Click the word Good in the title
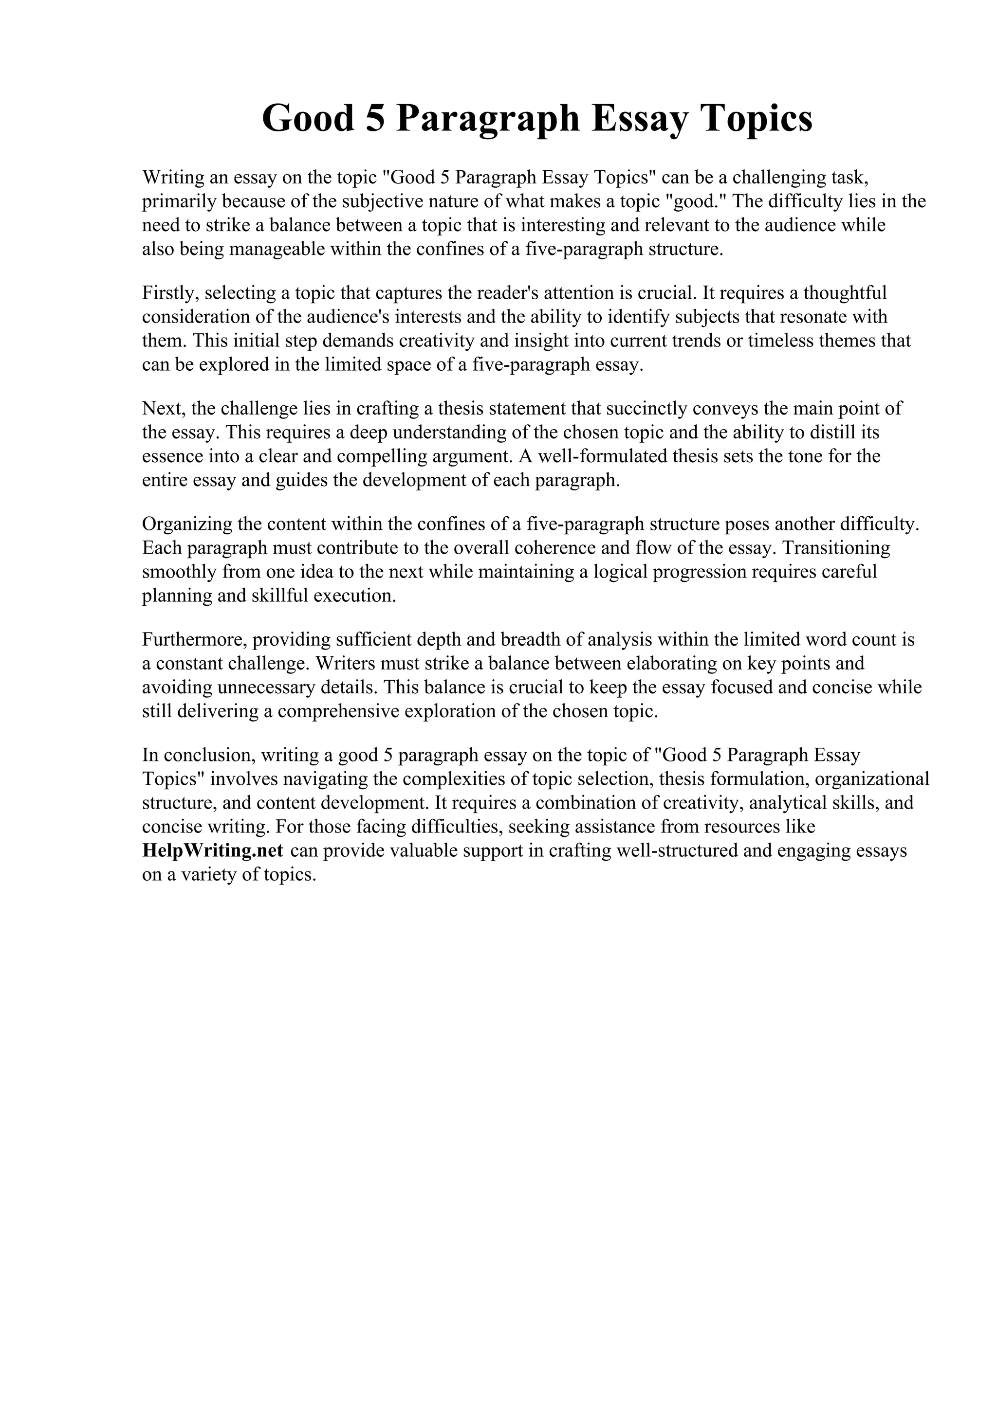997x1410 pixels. pyautogui.click(x=308, y=119)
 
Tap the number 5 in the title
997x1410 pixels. pyautogui.click(x=374, y=119)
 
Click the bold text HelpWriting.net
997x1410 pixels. pyautogui.click(x=213, y=850)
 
